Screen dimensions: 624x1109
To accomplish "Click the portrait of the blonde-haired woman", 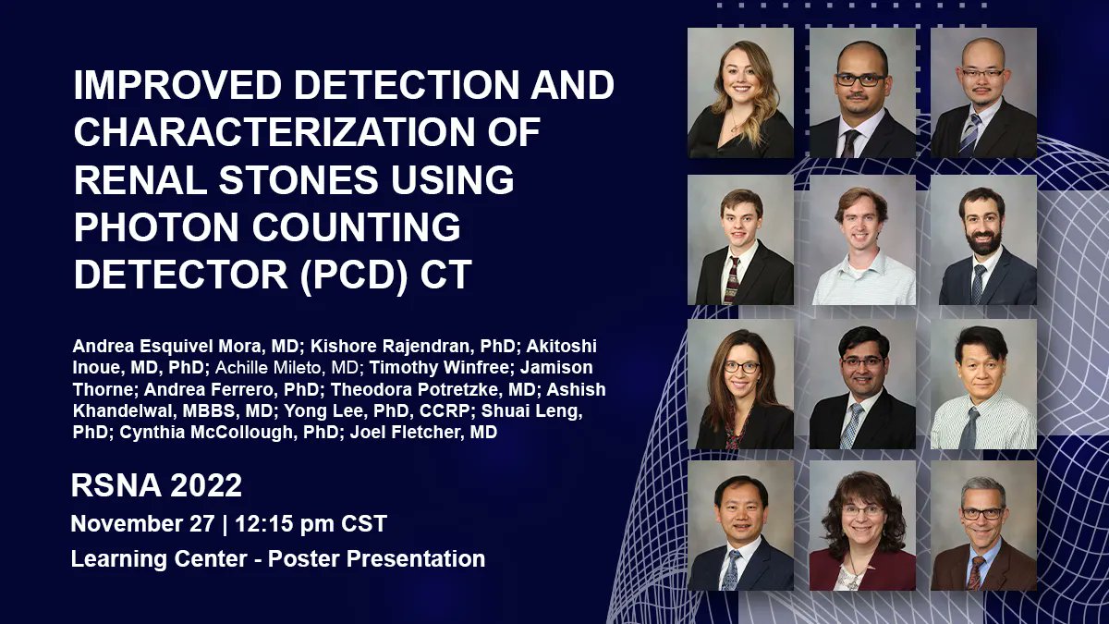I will click(x=740, y=92).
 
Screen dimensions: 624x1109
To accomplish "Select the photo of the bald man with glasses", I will click(x=983, y=92).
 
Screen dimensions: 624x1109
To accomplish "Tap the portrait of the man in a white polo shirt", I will click(x=862, y=239).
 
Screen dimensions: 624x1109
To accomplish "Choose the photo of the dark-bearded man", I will click(x=983, y=239).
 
